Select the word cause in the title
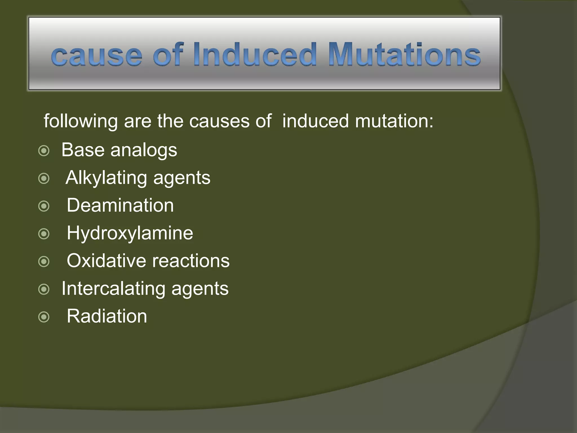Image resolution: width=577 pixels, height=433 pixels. (x=97, y=56)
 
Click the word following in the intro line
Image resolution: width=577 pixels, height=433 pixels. (x=81, y=121)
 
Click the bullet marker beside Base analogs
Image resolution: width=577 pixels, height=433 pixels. (x=44, y=151)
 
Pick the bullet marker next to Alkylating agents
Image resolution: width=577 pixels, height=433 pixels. (x=44, y=178)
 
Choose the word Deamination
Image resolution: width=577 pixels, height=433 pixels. (x=120, y=205)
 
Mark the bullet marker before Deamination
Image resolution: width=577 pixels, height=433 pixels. (x=44, y=206)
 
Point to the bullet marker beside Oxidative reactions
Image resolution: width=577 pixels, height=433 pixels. (x=44, y=262)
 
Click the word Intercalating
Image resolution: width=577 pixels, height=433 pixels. (x=113, y=289)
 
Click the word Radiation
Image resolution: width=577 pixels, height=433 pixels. (x=107, y=316)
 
